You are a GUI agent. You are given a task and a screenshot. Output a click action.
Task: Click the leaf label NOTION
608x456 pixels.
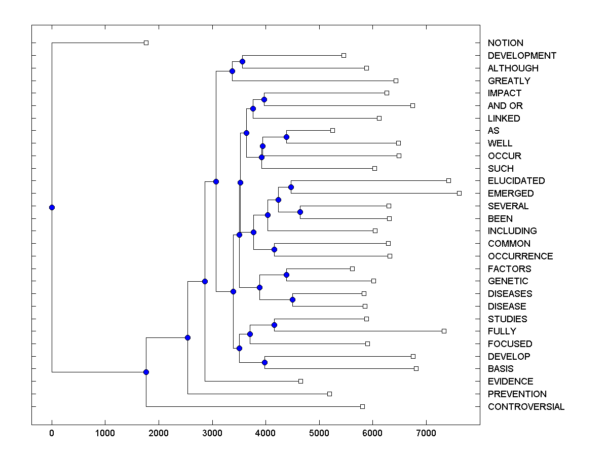pyautogui.click(x=505, y=43)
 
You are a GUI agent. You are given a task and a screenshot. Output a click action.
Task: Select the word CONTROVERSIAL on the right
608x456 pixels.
pyautogui.click(x=526, y=407)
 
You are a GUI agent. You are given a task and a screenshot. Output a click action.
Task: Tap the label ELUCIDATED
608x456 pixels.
pyautogui.click(x=516, y=181)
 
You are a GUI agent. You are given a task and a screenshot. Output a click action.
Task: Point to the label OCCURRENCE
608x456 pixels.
pyautogui.click(x=520, y=256)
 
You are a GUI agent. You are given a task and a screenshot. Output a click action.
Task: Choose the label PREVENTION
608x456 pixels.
pyautogui.click(x=517, y=394)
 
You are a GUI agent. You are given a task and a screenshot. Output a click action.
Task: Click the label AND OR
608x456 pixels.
pyautogui.click(x=505, y=106)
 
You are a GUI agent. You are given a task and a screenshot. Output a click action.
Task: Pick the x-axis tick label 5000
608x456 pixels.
pyautogui.click(x=319, y=433)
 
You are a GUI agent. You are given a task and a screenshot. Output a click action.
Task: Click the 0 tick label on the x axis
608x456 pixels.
pyautogui.click(x=52, y=433)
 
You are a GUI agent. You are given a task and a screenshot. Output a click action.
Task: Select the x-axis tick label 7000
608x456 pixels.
pyautogui.click(x=426, y=433)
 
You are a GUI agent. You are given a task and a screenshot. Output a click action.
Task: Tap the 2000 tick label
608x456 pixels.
pyautogui.click(x=159, y=433)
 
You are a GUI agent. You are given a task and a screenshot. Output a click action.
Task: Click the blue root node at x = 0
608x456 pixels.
pyautogui.click(x=52, y=207)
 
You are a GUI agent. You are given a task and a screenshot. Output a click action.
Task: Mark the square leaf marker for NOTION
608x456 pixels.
pyautogui.click(x=146, y=43)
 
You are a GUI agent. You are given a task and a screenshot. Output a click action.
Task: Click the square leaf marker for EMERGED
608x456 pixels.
pyautogui.click(x=459, y=193)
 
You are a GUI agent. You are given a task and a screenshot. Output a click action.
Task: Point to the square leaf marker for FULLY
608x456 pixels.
pyautogui.click(x=444, y=331)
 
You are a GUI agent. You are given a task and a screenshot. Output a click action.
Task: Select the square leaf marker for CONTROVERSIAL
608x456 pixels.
pyautogui.click(x=362, y=406)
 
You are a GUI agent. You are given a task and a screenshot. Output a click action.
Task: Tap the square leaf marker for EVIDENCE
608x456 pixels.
pyautogui.click(x=300, y=381)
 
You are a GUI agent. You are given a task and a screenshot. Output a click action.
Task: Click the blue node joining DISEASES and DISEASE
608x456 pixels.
pyautogui.click(x=292, y=299)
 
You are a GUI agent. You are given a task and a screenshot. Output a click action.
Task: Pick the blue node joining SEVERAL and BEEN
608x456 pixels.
pyautogui.click(x=300, y=212)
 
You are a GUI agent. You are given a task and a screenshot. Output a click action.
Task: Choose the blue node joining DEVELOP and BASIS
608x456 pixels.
pyautogui.click(x=264, y=362)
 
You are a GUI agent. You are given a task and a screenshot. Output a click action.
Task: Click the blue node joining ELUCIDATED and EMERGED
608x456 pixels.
pyautogui.click(x=291, y=187)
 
